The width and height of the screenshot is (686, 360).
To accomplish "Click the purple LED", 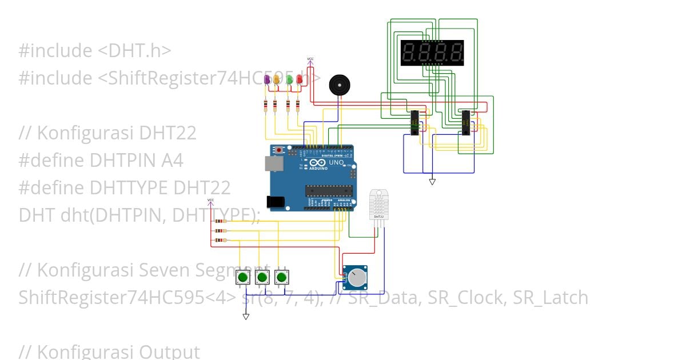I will (x=266, y=79).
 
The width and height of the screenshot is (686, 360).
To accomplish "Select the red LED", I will (x=299, y=79).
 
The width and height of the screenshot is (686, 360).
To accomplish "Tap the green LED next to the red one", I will (x=289, y=79).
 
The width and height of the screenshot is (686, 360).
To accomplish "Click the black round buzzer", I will (x=339, y=86).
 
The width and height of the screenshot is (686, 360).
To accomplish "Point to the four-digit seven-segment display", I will (x=432, y=53).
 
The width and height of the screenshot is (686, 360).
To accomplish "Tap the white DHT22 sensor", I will (x=378, y=205).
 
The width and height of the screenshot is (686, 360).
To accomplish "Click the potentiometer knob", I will (x=358, y=278).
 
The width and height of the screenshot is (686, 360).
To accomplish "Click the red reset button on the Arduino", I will (x=279, y=150).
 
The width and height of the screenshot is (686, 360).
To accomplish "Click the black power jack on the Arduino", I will (x=276, y=202).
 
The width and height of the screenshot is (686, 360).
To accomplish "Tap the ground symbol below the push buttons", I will (x=246, y=317).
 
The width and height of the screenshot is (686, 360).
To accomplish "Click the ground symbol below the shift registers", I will (x=432, y=182).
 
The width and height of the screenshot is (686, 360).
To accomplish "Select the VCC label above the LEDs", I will (x=310, y=59).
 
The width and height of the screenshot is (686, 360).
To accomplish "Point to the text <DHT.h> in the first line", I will (x=134, y=51).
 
